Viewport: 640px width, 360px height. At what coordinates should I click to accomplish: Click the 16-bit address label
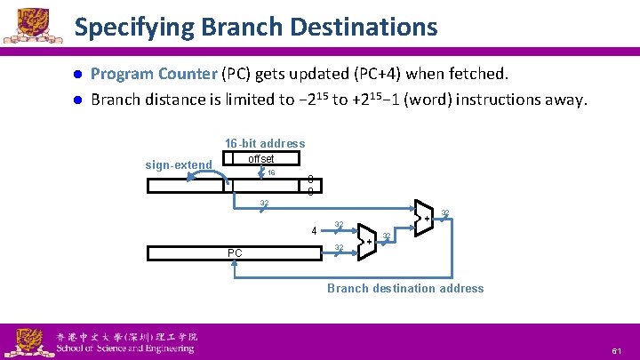click(264, 143)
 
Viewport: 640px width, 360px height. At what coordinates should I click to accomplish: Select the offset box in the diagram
click(261, 159)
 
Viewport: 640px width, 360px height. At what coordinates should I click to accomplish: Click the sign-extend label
click(179, 164)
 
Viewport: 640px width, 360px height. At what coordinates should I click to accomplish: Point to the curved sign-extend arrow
click(206, 177)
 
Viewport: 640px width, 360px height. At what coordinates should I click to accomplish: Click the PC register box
click(234, 253)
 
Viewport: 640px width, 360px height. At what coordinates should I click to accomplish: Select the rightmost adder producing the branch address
click(424, 217)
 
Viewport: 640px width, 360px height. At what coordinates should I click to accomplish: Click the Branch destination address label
click(405, 288)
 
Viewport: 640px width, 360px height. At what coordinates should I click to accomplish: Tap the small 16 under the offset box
click(271, 172)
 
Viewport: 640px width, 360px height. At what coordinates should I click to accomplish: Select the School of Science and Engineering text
click(125, 348)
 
